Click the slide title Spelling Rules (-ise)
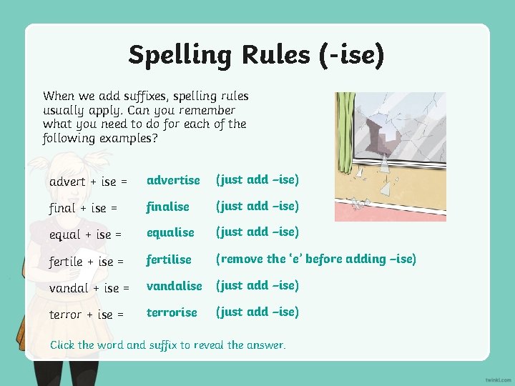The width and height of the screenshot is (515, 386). point(256,54)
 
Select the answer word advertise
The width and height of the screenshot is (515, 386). point(173,180)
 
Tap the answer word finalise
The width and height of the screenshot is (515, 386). point(168,207)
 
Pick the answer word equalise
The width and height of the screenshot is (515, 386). point(170,232)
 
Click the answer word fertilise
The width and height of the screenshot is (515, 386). point(169,259)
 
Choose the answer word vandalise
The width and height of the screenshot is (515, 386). point(175,286)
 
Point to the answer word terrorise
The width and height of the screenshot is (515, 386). point(172,312)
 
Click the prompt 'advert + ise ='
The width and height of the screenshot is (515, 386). point(88,182)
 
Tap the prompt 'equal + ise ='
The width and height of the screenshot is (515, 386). point(86,234)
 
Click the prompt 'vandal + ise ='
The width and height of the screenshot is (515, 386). point(89,288)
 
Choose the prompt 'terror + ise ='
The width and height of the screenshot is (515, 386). point(87,315)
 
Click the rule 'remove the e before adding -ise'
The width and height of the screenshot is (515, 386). point(315,259)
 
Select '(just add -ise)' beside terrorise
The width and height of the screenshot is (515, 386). point(257,312)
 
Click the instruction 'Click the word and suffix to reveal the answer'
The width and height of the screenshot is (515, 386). point(167,345)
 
